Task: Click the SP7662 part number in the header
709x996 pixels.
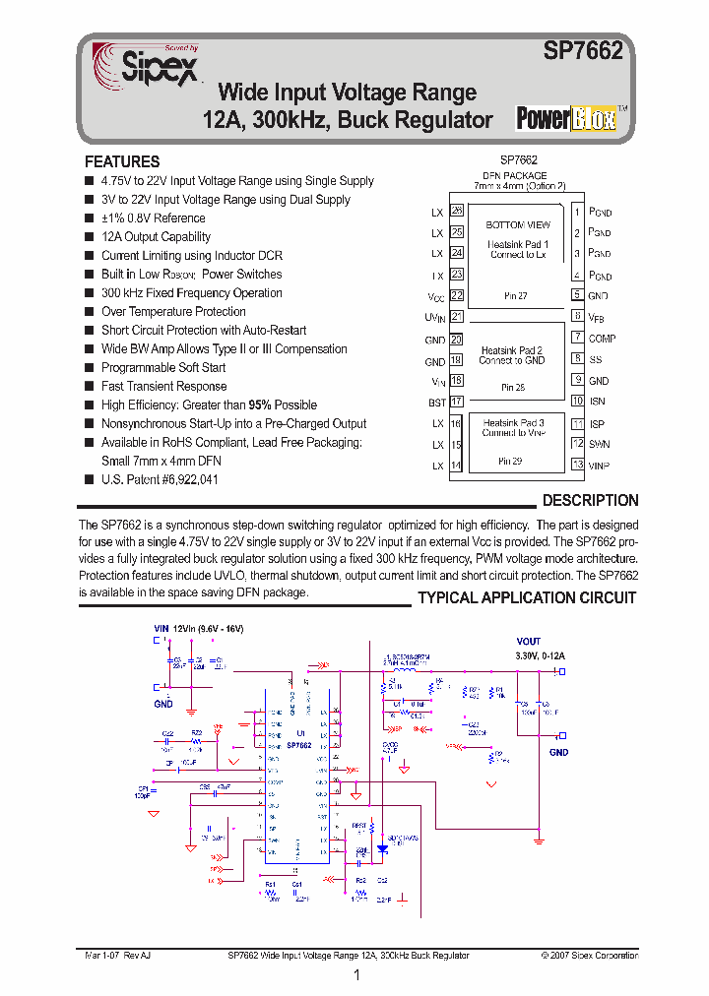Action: coord(584,52)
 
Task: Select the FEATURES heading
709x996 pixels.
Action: coord(122,161)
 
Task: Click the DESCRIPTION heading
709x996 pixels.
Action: coord(590,500)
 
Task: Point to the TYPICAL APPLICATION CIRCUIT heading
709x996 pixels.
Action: coord(527,598)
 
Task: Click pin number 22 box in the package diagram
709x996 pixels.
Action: coord(457,295)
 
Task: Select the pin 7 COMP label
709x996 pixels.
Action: coord(602,339)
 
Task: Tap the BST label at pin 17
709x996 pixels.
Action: coord(435,403)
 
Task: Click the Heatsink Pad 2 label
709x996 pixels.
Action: coord(511,350)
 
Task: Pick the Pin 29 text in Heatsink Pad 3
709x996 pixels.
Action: coord(511,461)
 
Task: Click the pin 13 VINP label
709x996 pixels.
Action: coord(600,465)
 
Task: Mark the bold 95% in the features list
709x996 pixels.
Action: coord(260,405)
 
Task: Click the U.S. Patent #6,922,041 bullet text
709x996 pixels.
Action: coord(160,479)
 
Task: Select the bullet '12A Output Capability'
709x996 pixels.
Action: coord(156,237)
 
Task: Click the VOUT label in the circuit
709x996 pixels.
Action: coord(529,642)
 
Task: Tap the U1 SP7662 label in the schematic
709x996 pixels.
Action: coord(299,741)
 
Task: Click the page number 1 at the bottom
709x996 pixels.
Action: coord(355,975)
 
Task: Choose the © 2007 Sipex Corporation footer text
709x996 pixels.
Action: coord(589,956)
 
